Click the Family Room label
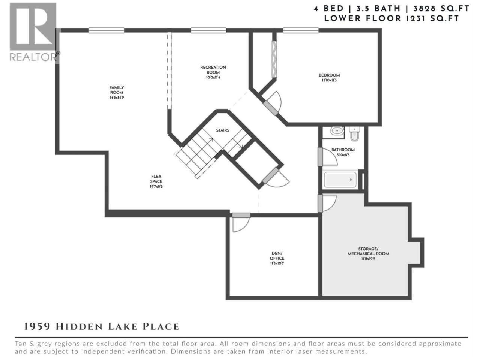(x=117, y=90)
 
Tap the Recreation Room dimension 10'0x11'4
(x=213, y=77)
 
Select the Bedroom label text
(x=329, y=75)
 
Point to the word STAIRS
(x=223, y=130)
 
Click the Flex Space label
(x=156, y=179)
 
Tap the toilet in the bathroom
(x=354, y=134)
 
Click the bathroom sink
(x=337, y=131)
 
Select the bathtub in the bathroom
(x=340, y=180)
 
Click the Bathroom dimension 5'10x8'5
(x=343, y=155)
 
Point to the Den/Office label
(x=277, y=256)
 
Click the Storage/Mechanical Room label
(x=368, y=251)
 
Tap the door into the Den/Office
(x=241, y=222)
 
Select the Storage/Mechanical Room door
(x=327, y=204)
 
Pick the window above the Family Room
(x=106, y=30)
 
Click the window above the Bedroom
(x=301, y=30)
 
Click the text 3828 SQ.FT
(x=441, y=9)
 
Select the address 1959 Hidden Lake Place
(x=101, y=327)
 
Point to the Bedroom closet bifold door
(x=274, y=59)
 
